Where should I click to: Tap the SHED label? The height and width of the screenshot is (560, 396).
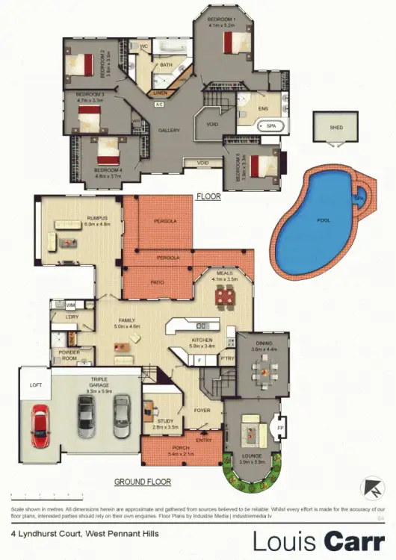(336, 128)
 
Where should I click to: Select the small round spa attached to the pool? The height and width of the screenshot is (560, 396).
(359, 199)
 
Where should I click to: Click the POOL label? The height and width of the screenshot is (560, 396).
(324, 221)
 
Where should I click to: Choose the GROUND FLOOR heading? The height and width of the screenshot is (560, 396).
(143, 482)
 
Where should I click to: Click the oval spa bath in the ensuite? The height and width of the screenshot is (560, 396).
(270, 128)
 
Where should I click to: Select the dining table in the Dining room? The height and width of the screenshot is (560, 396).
(263, 370)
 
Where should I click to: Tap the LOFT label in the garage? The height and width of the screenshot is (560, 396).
(35, 385)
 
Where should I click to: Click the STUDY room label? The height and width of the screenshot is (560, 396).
(166, 421)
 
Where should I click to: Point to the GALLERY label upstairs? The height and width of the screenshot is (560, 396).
(169, 131)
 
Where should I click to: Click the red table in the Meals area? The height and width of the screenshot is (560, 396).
(224, 297)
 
